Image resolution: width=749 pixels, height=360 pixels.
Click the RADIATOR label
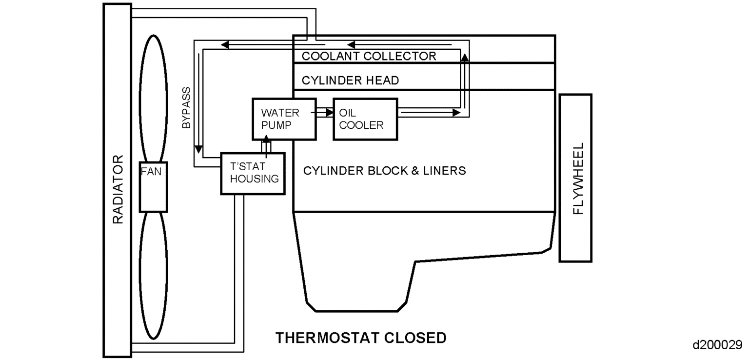pyautogui.click(x=118, y=190)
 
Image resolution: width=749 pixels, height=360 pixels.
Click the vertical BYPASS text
pyautogui.click(x=186, y=108)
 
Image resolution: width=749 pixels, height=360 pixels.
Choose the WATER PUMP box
pyautogui.click(x=283, y=119)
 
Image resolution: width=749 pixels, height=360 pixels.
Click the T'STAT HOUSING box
pyautogui.click(x=253, y=173)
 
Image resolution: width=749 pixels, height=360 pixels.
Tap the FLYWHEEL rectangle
pyautogui.click(x=575, y=178)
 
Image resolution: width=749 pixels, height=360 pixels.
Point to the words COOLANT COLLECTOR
pyautogui.click(x=369, y=56)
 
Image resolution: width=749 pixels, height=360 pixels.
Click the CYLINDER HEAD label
pyautogui.click(x=350, y=80)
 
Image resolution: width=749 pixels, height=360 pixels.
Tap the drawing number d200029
pyautogui.click(x=719, y=345)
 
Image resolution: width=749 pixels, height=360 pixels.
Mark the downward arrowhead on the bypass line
pyautogui.click(x=198, y=148)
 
